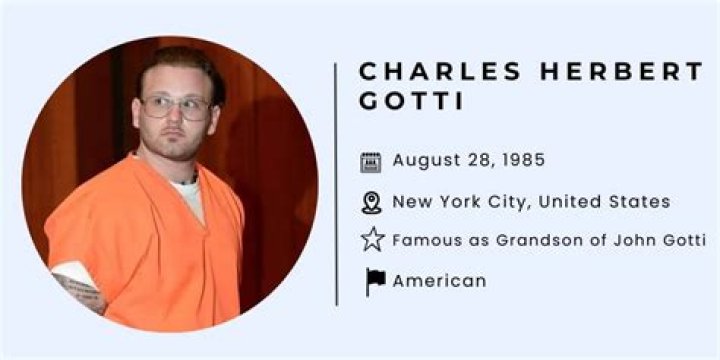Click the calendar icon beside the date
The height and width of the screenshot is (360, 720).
pyautogui.click(x=371, y=162)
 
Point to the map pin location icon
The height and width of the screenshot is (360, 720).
pyautogui.click(x=371, y=202)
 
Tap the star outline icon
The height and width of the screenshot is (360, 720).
pyautogui.click(x=372, y=240)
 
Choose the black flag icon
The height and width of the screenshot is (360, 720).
pyautogui.click(x=375, y=281)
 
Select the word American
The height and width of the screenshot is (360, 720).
pyautogui.click(x=439, y=281)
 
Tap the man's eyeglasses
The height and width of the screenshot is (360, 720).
pyautogui.click(x=176, y=106)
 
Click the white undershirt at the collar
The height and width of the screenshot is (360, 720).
pyautogui.click(x=187, y=191)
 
